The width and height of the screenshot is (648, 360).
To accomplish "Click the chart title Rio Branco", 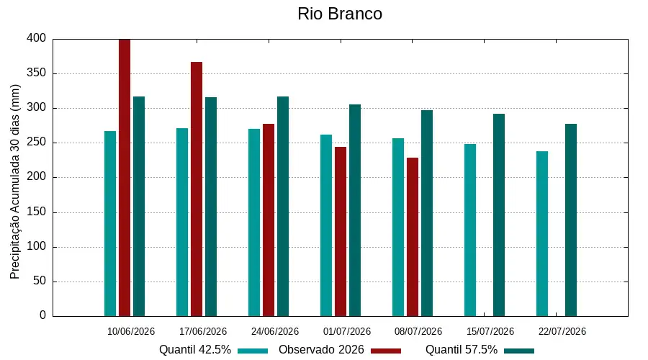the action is click(x=340, y=14).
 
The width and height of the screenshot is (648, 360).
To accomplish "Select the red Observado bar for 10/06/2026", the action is click(x=125, y=178).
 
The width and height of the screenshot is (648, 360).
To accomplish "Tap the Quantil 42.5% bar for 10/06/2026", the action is click(x=110, y=224).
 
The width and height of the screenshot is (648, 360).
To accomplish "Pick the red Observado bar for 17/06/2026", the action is click(x=197, y=189).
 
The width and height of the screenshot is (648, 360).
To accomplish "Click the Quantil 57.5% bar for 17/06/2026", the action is click(x=211, y=207).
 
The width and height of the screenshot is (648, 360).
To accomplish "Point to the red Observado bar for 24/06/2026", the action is click(x=269, y=220).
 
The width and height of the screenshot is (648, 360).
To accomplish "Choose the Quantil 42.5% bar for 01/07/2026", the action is click(x=326, y=225).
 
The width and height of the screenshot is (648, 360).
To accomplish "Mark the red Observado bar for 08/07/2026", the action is click(x=413, y=237).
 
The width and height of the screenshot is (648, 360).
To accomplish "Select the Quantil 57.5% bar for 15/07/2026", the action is click(x=499, y=215).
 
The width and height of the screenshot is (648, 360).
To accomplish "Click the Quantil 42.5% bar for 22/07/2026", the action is click(x=542, y=233).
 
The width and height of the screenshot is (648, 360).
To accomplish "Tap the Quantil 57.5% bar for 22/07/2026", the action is click(x=571, y=220).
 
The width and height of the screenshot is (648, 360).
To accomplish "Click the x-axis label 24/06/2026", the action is click(x=275, y=331).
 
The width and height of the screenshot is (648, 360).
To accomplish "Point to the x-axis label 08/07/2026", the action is click(x=418, y=331).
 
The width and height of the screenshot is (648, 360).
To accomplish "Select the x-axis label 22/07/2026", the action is click(x=562, y=331).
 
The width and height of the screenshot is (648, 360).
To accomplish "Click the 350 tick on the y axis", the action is click(x=37, y=73).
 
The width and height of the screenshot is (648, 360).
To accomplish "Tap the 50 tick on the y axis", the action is click(x=40, y=281).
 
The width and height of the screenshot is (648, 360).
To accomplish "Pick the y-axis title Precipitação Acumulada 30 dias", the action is click(x=15, y=182).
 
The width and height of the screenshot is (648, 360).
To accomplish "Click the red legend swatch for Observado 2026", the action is click(x=386, y=351).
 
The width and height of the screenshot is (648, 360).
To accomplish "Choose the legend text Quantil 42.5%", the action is click(x=195, y=350).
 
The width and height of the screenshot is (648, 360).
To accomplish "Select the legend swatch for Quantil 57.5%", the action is click(x=519, y=351).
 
